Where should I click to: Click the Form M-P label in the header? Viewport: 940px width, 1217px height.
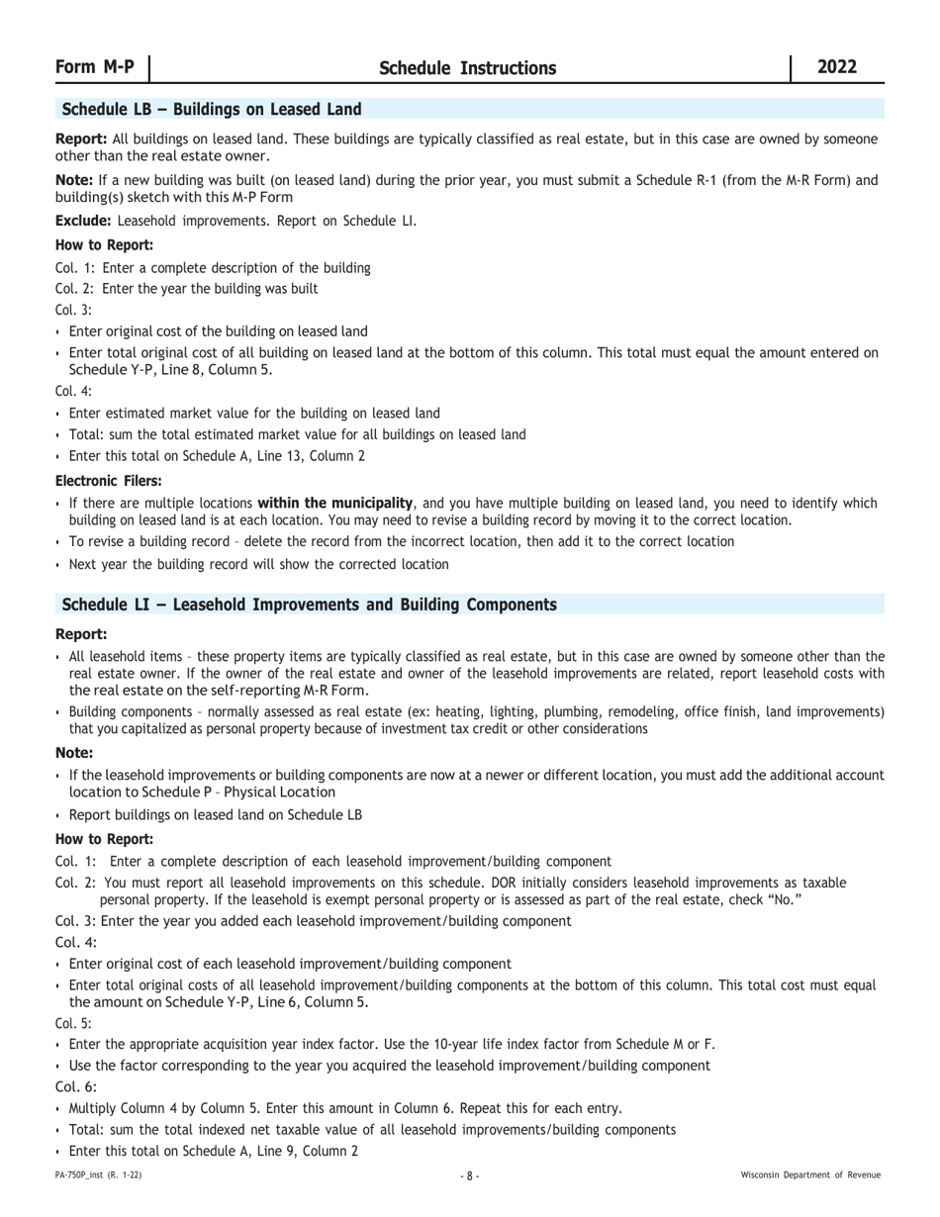tap(95, 67)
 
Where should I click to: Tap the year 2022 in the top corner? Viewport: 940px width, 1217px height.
tap(837, 67)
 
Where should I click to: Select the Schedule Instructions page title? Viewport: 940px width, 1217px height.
tap(467, 68)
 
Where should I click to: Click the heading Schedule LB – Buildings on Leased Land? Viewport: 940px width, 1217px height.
tap(212, 109)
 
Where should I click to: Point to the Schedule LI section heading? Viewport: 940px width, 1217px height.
tap(309, 605)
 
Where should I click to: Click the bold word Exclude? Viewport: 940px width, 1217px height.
tap(83, 221)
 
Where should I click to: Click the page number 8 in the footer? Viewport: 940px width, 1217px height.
tap(470, 1175)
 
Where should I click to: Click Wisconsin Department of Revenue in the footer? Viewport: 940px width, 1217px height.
tap(810, 1175)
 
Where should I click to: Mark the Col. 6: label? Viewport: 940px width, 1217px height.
tap(76, 1086)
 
